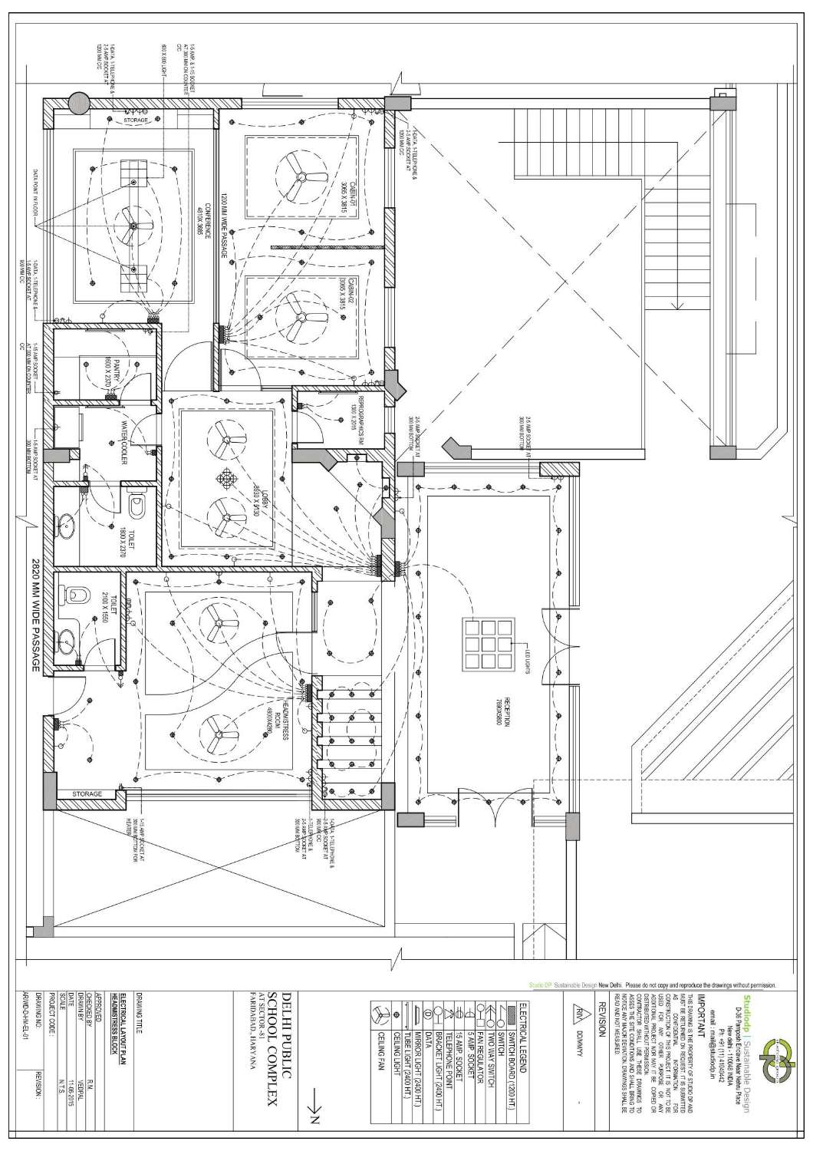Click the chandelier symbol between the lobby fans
point(225,479)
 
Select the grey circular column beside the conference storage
point(77,102)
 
